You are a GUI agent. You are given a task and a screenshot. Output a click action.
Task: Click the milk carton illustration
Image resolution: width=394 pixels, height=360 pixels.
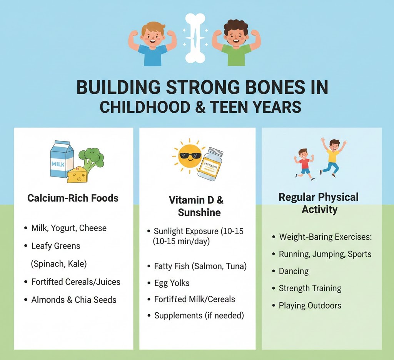pyautogui.click(x=61, y=158)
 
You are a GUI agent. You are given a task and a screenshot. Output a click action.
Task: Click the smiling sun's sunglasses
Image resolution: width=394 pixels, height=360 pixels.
pyautogui.click(x=190, y=156)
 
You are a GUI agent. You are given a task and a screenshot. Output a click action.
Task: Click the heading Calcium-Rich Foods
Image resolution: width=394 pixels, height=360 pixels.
pyautogui.click(x=73, y=198)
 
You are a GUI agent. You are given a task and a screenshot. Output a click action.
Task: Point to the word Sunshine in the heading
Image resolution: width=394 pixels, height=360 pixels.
pyautogui.click(x=199, y=212)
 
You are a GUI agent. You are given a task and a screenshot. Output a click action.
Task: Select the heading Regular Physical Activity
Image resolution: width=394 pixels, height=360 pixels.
pyautogui.click(x=319, y=203)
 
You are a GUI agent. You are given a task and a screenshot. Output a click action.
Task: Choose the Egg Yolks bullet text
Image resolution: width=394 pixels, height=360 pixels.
pyautogui.click(x=172, y=283)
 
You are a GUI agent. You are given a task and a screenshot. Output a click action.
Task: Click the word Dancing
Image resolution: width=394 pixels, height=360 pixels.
pyautogui.click(x=294, y=271)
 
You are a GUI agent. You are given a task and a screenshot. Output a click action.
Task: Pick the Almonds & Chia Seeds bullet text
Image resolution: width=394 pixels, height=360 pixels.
pyautogui.click(x=73, y=300)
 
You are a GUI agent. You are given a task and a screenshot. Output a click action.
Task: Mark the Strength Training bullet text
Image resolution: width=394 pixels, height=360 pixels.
pyautogui.click(x=310, y=288)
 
